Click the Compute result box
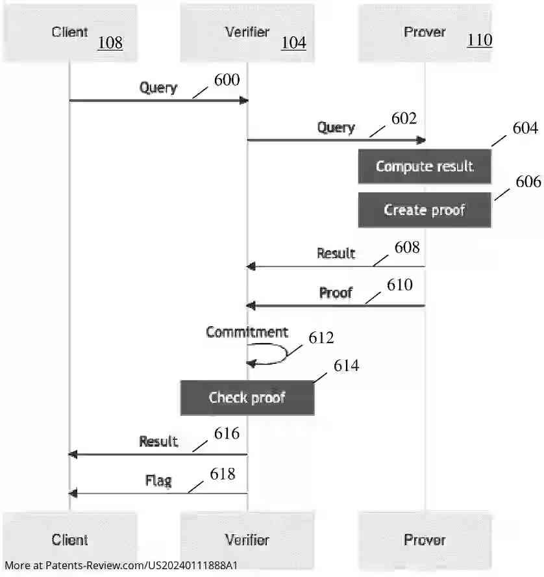pyautogui.click(x=425, y=166)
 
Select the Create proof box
pyautogui.click(x=425, y=210)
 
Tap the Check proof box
pyautogui.click(x=247, y=398)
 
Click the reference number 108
pyautogui.click(x=110, y=43)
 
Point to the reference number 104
pyautogui.click(x=293, y=43)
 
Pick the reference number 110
pyautogui.click(x=480, y=40)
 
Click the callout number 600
pyautogui.click(x=227, y=80)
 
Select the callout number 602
pyautogui.click(x=404, y=118)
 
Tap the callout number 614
pyautogui.click(x=346, y=366)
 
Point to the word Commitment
pyautogui.click(x=247, y=332)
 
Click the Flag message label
pyautogui.click(x=158, y=481)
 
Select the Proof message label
pyautogui.click(x=336, y=293)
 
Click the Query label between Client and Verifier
pyautogui.click(x=158, y=88)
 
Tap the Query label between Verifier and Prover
pyautogui.click(x=336, y=127)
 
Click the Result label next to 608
pyautogui.click(x=336, y=253)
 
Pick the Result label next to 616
pyautogui.click(x=158, y=442)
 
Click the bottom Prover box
pyautogui.click(x=425, y=540)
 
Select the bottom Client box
pyautogui.click(x=70, y=540)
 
